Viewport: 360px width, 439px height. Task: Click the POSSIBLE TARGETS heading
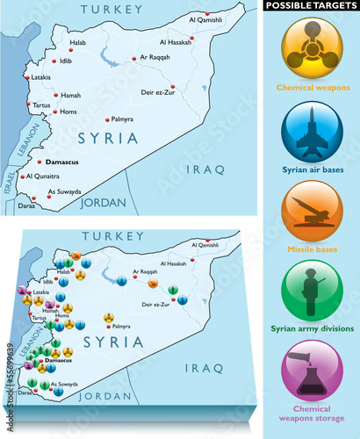pos(312,6)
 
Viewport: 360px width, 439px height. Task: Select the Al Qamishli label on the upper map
pos(206,19)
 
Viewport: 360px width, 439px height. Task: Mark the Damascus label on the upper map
pos(64,162)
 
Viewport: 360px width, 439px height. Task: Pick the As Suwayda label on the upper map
pos(64,191)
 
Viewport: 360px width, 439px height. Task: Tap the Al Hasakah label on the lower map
pos(177,263)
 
